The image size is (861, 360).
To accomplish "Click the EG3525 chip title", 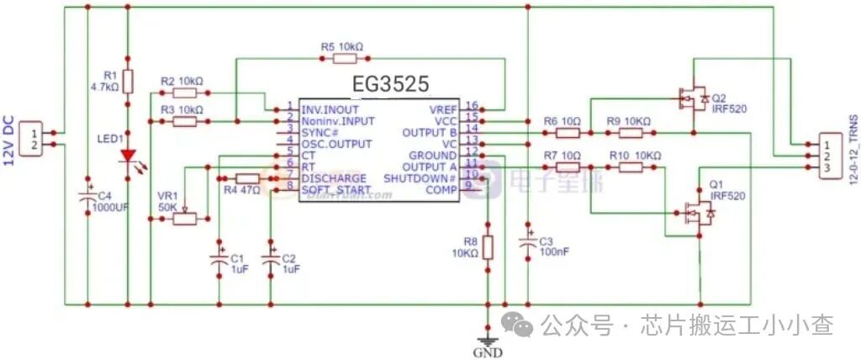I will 393,84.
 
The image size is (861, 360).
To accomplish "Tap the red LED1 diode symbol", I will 128,156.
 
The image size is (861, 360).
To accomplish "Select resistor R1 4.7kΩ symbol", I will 128,82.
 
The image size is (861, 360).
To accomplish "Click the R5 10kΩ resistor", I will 342,59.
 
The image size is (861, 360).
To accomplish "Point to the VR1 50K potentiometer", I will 184,219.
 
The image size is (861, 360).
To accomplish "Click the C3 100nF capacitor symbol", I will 527,241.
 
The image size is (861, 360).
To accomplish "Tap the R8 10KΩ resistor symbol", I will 488,246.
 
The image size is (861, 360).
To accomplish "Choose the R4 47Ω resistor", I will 248,178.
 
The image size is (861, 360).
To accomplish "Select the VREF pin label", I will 443,109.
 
